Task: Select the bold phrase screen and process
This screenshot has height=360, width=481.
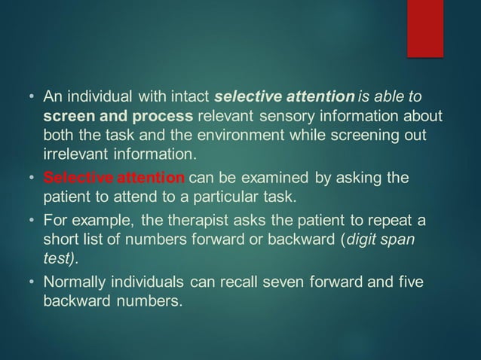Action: click(x=118, y=117)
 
